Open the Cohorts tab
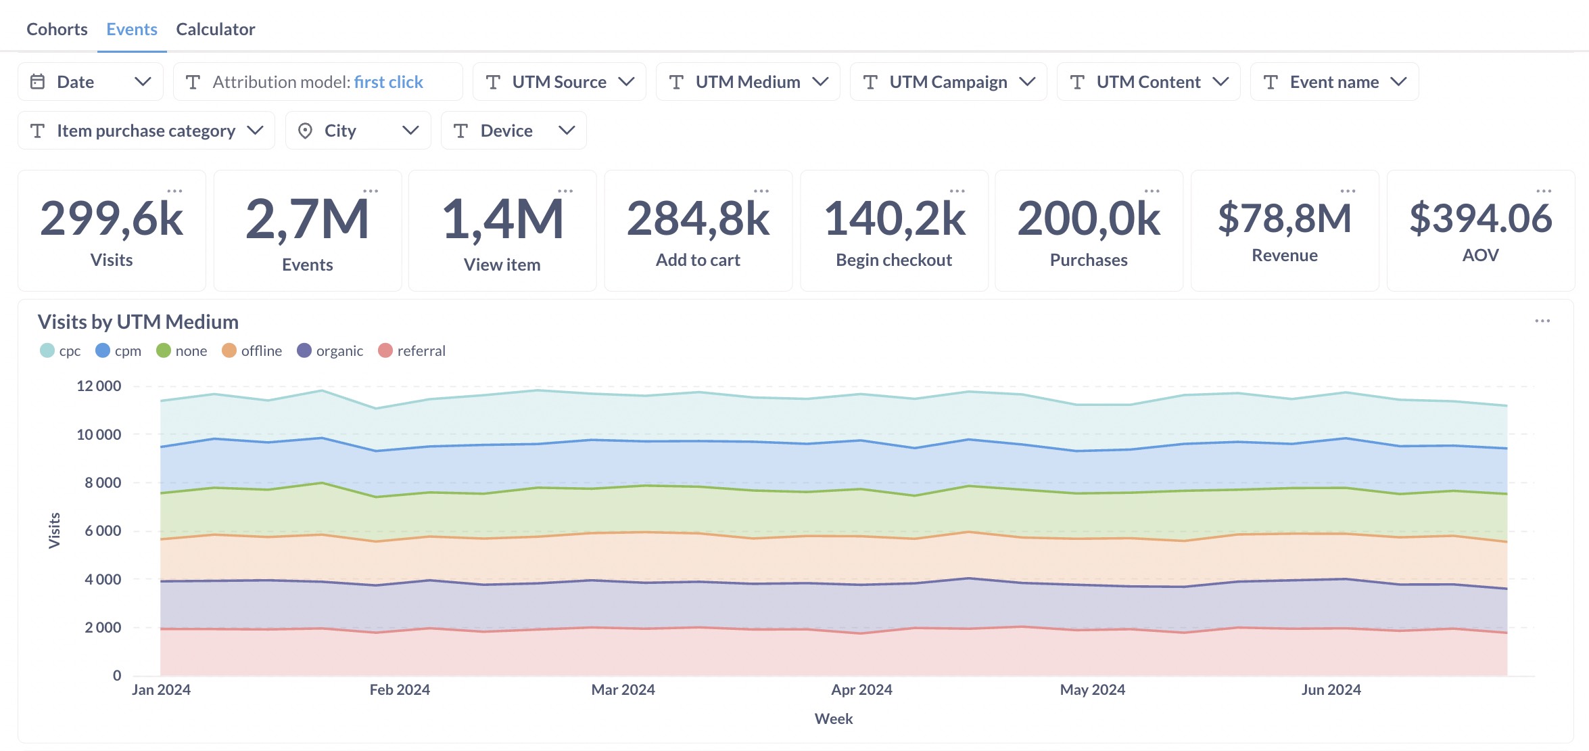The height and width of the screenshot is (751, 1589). [57, 29]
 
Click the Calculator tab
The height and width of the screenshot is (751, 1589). [215, 29]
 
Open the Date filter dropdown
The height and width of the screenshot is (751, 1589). [90, 82]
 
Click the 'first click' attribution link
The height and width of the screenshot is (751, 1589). [388, 82]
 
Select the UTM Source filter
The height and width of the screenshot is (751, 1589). [559, 82]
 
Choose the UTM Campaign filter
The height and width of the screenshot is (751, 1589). [948, 82]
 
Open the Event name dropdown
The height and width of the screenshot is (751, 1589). [1334, 82]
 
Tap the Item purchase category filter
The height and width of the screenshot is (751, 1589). [145, 131]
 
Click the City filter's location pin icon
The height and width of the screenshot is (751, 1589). [305, 131]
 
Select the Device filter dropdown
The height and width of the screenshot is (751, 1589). [513, 131]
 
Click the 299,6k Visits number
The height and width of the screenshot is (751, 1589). [112, 219]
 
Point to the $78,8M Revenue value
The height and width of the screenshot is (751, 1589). [1284, 219]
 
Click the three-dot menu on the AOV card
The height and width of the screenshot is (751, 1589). [1544, 191]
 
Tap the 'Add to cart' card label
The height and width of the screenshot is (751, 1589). [698, 260]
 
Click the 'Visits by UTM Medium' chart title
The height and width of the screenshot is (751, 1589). [138, 321]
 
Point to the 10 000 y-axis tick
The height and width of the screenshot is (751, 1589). [99, 434]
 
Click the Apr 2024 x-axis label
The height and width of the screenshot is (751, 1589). [861, 689]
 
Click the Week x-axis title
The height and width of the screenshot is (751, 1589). [833, 719]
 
